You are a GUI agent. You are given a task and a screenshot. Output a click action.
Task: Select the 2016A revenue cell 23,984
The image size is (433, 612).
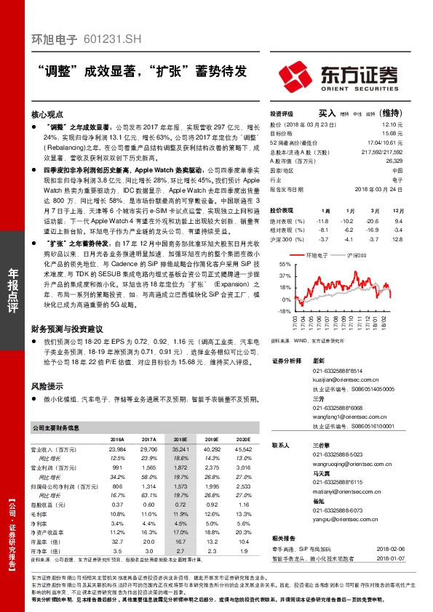116,450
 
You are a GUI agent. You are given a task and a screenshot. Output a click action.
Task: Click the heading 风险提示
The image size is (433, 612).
48,386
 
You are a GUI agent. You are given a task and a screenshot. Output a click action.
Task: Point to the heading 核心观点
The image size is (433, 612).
48,114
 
